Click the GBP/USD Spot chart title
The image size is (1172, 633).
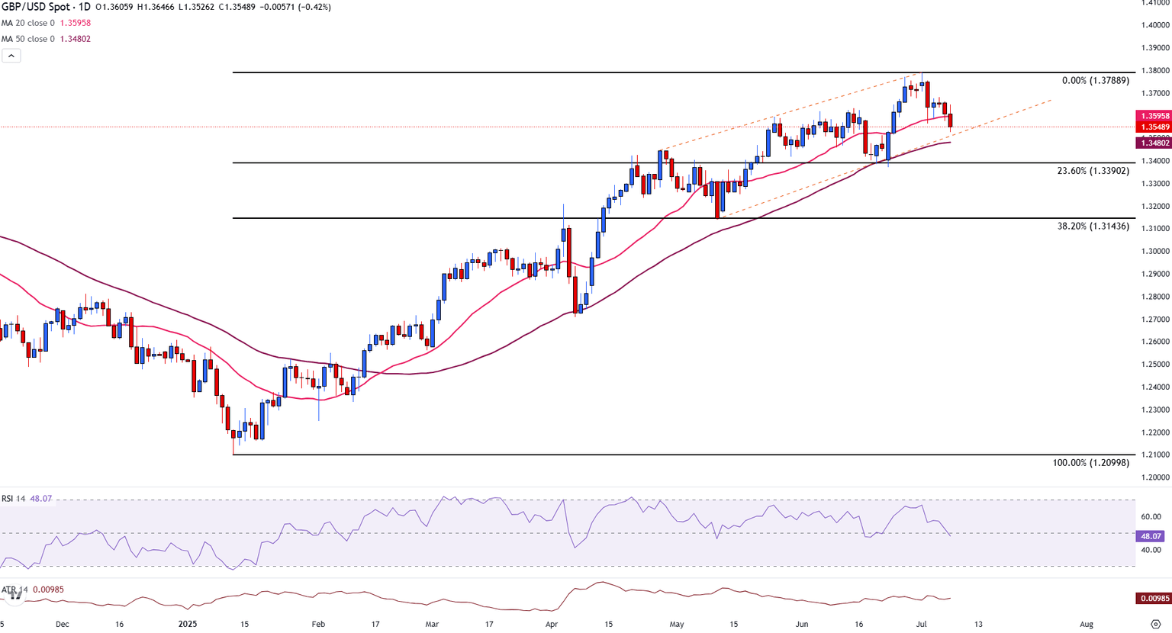tap(46, 7)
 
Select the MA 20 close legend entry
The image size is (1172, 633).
tap(46, 23)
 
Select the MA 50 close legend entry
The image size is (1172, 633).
tap(46, 39)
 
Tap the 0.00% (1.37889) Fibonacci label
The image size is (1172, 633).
tap(1095, 81)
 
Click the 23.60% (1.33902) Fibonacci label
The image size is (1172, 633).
tap(1093, 171)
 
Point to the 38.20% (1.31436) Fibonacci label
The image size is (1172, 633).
tap(1093, 227)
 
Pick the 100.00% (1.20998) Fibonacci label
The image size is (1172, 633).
tap(1090, 463)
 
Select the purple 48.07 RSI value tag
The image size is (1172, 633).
tap(1151, 536)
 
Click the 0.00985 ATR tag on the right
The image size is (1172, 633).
tap(1153, 599)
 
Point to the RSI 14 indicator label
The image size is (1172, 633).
tap(14, 499)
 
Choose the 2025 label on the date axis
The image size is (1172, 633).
tap(188, 624)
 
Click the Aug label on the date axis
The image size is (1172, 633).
tap(1087, 624)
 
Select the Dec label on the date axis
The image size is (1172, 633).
tap(62, 624)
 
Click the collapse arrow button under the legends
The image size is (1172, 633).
tap(11, 56)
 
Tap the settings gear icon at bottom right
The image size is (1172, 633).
tap(1155, 624)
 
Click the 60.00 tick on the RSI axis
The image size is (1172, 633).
tap(1151, 516)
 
